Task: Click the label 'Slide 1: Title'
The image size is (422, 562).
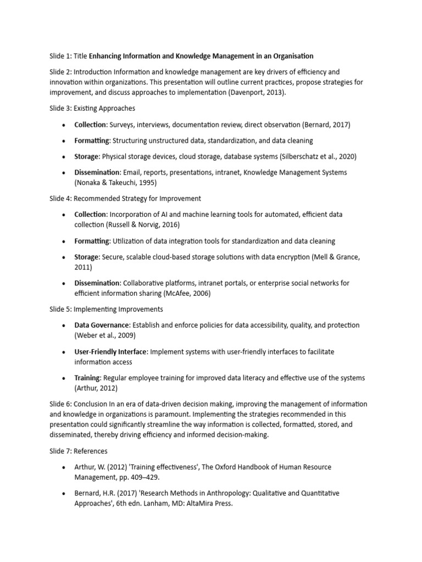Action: coord(68,56)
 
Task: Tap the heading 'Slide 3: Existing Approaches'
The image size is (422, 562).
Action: coord(92,109)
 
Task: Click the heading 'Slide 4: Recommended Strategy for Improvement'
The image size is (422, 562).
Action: coord(125,198)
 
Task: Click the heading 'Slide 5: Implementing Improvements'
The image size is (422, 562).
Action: coord(106,309)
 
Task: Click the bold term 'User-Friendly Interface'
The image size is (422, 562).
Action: coord(110,351)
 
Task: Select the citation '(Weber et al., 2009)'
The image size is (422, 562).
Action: coord(105,335)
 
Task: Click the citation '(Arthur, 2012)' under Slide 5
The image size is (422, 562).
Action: coord(97,389)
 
